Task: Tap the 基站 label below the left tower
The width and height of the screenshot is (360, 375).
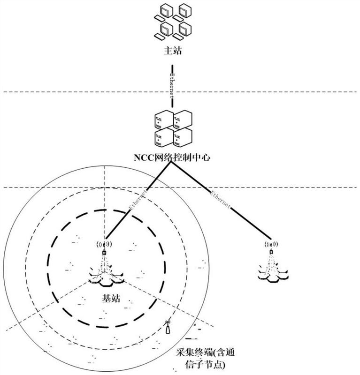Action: [111, 298]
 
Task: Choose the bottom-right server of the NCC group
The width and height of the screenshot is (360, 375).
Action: [182, 137]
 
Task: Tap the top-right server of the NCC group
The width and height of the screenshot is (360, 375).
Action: [183, 120]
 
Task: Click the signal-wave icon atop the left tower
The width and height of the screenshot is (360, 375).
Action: [104, 245]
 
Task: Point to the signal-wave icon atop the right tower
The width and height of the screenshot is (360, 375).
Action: [271, 244]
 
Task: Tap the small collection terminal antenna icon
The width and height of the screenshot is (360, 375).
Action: [168, 327]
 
